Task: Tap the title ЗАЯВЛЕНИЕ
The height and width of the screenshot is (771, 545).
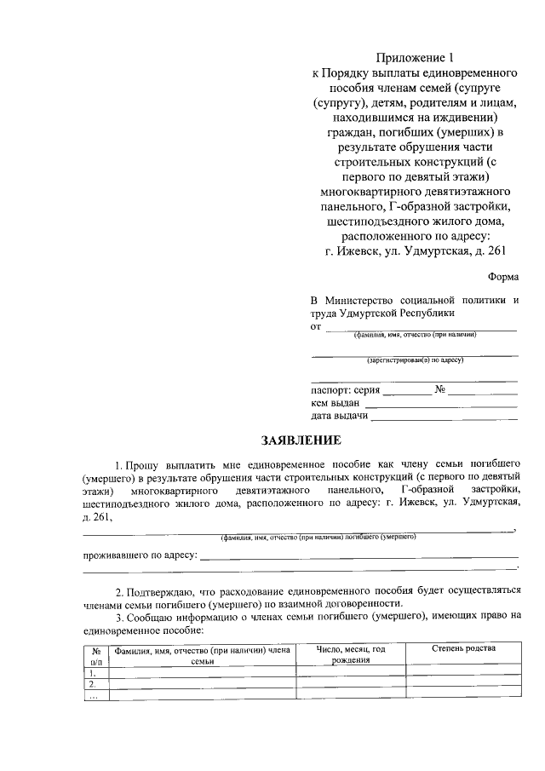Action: (x=301, y=440)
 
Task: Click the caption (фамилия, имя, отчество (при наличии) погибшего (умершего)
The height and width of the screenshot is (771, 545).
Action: (x=318, y=537)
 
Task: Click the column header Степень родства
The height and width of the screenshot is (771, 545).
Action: (x=463, y=648)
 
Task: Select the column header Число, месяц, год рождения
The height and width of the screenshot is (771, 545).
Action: (x=351, y=654)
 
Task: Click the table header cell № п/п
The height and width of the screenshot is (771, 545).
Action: (x=96, y=654)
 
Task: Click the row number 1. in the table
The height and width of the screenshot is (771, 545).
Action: (x=93, y=671)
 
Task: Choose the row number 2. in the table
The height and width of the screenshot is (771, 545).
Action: (x=93, y=683)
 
